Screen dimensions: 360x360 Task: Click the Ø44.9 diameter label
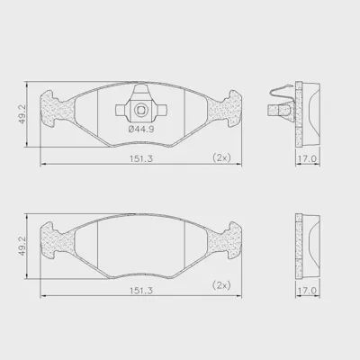[x=141, y=130]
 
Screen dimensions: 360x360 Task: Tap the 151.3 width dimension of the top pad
[x=141, y=158]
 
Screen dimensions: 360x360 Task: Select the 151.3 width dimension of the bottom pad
[x=141, y=291]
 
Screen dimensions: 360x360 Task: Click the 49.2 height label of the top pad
[x=22, y=114]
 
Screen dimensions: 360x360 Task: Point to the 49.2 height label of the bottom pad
[x=22, y=246]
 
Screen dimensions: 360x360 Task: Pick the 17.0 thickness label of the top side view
[x=307, y=158]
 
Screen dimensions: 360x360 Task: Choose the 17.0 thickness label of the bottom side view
[x=307, y=291]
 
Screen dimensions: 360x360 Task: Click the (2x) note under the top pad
[x=221, y=157]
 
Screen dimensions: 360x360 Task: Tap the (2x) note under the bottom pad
[x=221, y=285]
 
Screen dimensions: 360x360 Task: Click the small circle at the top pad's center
[x=140, y=110]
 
